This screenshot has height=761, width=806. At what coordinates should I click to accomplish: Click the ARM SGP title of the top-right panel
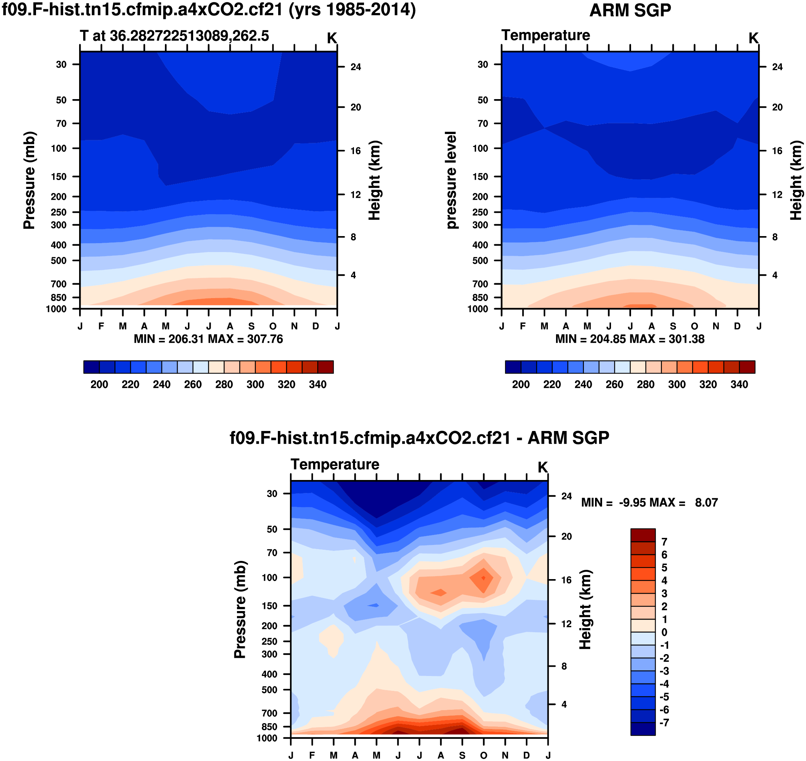(630, 10)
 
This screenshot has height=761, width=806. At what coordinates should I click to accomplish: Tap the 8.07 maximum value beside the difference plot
(706, 503)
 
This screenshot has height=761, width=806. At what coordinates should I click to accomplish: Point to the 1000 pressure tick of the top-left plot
(56, 309)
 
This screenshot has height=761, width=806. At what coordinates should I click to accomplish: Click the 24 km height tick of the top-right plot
(777, 67)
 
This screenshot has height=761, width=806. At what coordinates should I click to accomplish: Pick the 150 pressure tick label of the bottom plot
(270, 606)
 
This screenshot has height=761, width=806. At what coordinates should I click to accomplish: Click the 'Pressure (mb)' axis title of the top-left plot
(29, 180)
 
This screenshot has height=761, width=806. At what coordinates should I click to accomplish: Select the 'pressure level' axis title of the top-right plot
(451, 180)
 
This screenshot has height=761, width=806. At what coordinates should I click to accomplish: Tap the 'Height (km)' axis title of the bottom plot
(585, 609)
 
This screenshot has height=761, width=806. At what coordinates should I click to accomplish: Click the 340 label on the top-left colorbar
(317, 384)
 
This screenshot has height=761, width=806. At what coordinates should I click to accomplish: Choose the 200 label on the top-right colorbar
(521, 384)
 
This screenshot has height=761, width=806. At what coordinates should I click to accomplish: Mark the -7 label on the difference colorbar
(664, 723)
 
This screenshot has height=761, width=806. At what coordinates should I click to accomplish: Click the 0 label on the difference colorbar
(664, 633)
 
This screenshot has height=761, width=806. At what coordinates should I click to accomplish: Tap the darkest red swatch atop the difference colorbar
(643, 535)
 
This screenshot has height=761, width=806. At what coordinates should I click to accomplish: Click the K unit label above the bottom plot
(543, 467)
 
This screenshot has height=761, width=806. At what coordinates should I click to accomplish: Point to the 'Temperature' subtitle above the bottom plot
(335, 464)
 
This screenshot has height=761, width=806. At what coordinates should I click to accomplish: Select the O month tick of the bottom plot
(483, 755)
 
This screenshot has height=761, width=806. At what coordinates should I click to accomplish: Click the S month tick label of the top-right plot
(673, 326)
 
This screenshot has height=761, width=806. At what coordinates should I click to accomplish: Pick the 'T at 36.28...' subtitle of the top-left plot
(175, 36)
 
